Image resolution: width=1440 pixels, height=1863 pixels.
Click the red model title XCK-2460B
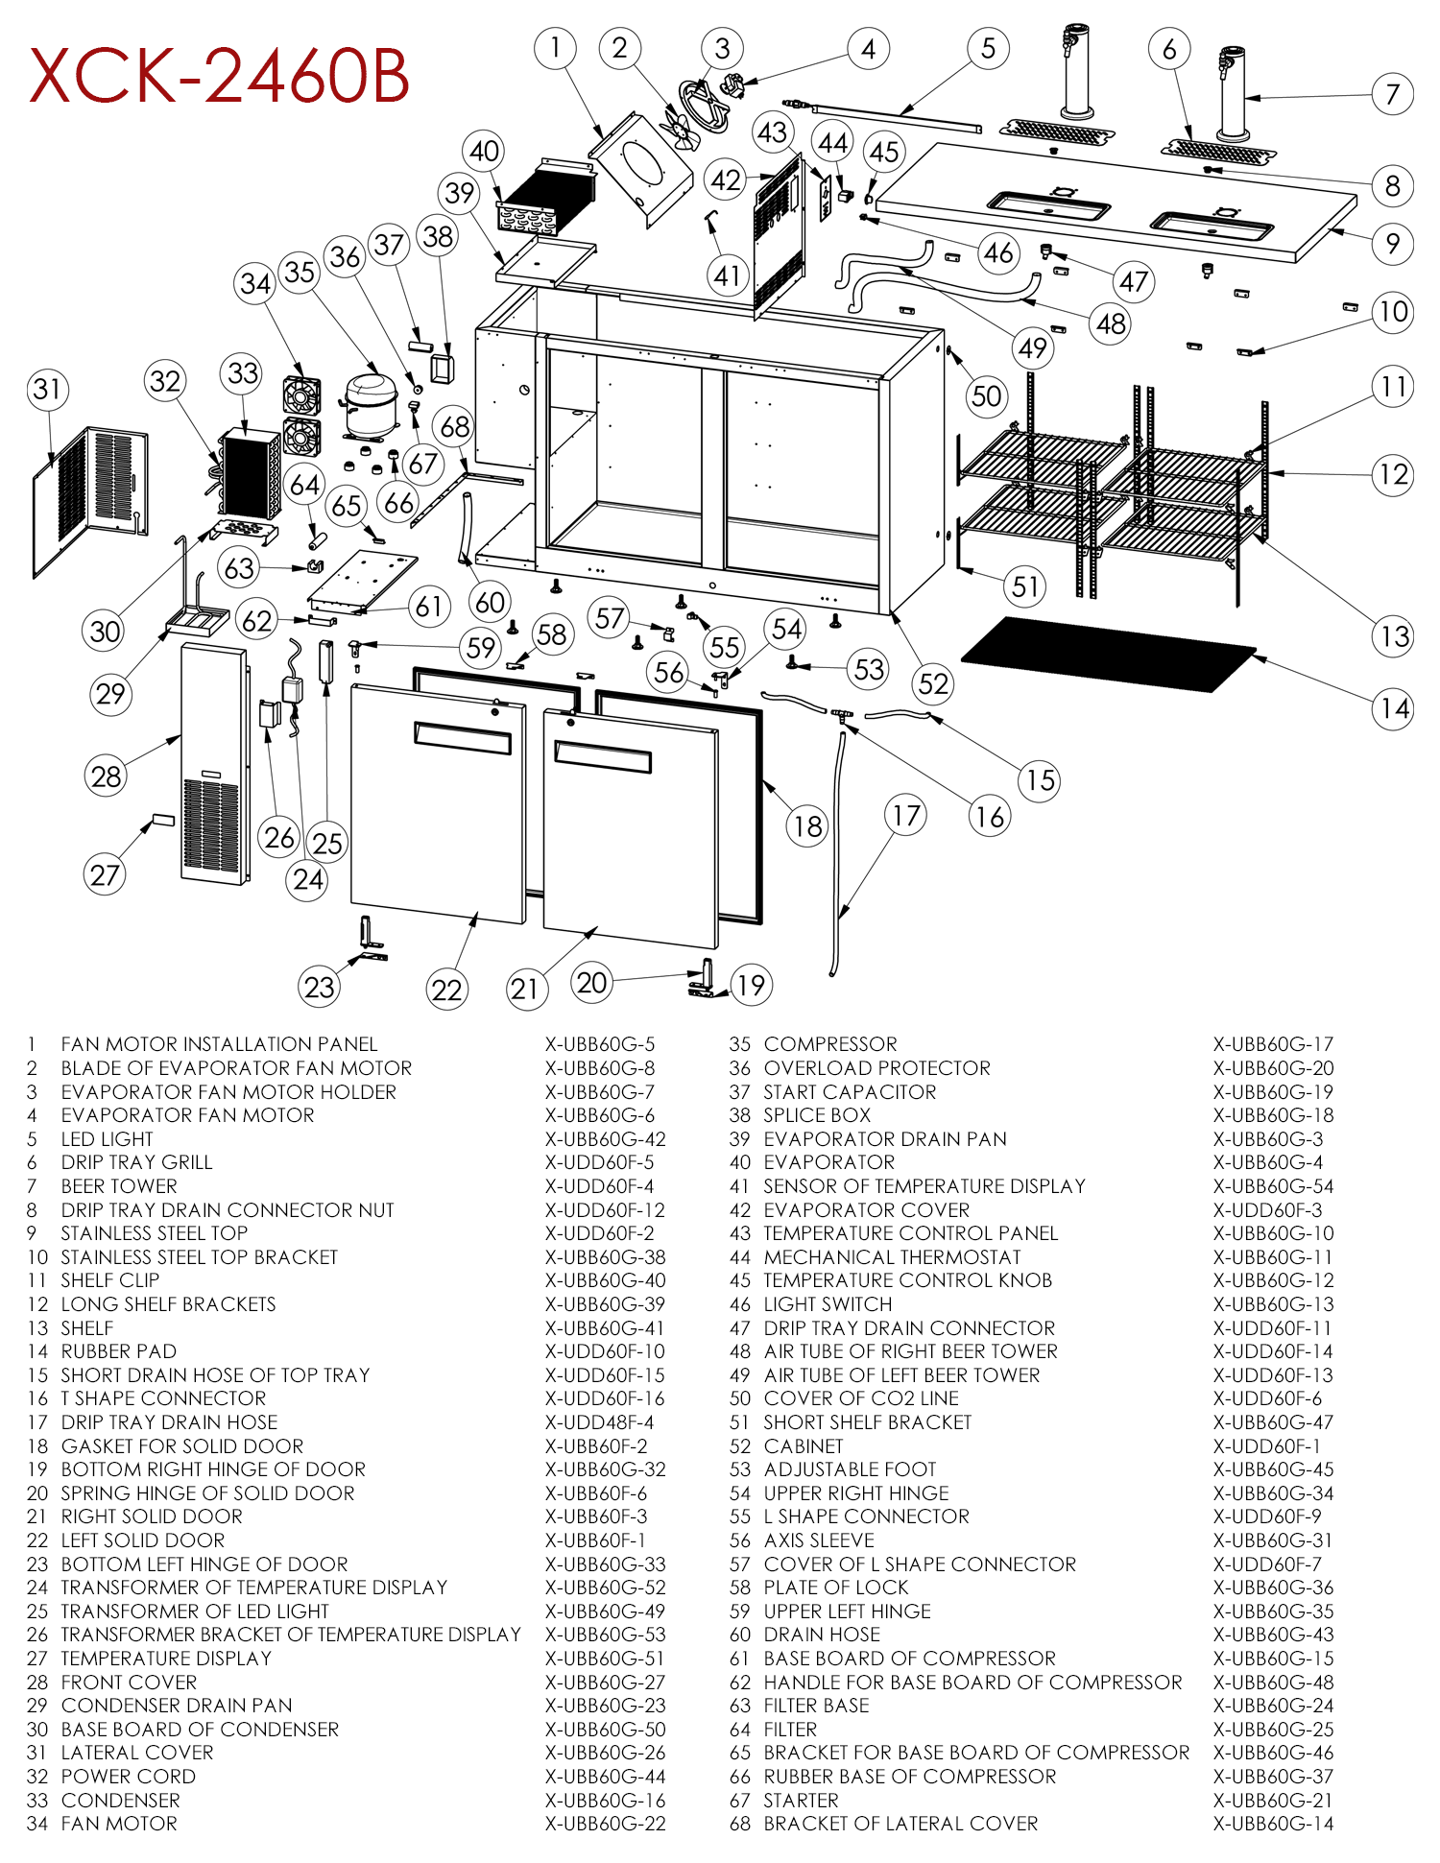219,76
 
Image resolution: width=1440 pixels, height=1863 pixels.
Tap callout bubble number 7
1392,94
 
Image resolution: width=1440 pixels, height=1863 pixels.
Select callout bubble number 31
48,389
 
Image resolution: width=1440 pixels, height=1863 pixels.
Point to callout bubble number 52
933,683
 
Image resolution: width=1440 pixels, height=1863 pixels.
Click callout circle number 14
1394,708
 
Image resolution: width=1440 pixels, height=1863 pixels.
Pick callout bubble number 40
484,151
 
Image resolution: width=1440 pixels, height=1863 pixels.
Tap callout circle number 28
107,776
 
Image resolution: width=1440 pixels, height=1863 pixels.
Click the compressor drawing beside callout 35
369,403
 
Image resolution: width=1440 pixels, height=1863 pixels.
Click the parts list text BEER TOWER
119,1186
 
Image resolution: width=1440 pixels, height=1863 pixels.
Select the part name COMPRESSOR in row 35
830,1044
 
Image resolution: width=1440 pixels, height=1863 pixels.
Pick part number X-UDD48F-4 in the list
599,1422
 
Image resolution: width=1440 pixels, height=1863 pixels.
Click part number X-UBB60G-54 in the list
1273,1186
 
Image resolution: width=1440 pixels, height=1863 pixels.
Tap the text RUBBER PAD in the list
118,1351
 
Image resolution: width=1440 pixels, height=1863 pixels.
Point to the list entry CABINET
804,1446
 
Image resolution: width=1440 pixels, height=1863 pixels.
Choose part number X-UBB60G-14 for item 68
1273,1824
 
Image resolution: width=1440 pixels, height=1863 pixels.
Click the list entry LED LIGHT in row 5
107,1139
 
